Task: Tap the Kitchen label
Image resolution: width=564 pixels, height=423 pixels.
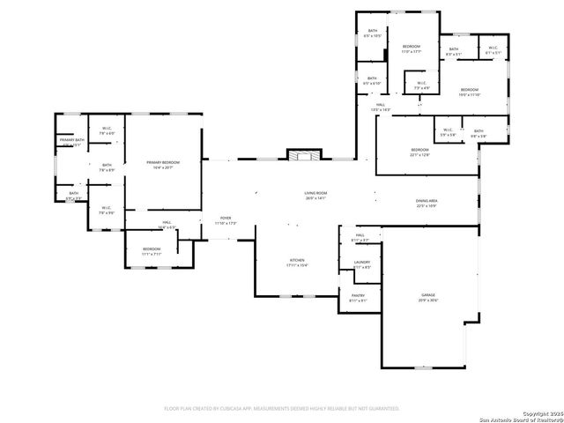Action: pos(298,262)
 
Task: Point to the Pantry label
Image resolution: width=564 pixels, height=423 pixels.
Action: pos(358,297)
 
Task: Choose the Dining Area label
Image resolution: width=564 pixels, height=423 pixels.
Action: pos(427,203)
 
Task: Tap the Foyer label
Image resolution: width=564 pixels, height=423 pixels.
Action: pos(226,220)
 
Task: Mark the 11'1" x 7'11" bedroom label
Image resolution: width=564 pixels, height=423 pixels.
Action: pos(152,251)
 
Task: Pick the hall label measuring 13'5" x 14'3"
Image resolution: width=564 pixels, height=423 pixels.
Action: pos(381,107)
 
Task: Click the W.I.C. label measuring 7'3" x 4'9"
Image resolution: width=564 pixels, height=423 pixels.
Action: pos(421,86)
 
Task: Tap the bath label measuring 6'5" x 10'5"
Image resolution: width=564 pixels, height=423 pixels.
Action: pos(373,33)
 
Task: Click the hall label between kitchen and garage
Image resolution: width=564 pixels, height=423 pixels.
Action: pos(360,237)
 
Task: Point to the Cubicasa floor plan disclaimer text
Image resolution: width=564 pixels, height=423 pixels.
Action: pos(282,409)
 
